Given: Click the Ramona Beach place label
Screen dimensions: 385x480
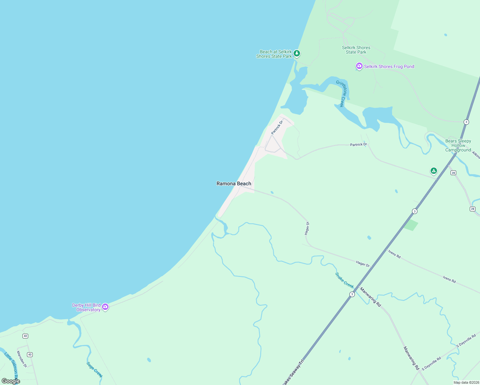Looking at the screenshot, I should tap(234, 184).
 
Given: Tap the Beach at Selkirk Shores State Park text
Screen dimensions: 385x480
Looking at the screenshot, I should tap(274, 54).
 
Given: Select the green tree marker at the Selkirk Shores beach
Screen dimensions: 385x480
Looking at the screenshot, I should tap(297, 53).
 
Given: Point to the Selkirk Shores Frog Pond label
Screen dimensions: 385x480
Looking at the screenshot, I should tap(389, 66).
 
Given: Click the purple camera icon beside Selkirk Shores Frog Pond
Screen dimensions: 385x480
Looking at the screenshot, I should tap(359, 66).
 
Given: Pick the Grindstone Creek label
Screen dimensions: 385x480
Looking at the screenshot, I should tap(342, 93).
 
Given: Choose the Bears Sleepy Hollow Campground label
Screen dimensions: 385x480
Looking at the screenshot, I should tap(458, 145).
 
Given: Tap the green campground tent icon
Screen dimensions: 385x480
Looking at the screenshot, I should tap(433, 171).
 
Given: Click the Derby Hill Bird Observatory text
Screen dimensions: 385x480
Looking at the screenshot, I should tap(86, 307).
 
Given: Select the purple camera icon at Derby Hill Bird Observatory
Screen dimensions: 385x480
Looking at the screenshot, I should tap(105, 307).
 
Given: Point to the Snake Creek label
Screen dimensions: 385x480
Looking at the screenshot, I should tap(344, 280).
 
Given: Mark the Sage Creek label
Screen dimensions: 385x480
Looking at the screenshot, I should tap(95, 370).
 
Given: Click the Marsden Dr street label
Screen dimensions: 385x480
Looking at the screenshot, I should tap(22, 359).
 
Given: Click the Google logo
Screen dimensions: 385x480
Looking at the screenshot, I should tap(11, 381).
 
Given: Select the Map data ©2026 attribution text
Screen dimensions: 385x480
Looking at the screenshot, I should tap(466, 382).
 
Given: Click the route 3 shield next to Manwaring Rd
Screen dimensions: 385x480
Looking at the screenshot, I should tap(352, 294).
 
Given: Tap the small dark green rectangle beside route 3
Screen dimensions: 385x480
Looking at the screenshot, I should tap(411, 225).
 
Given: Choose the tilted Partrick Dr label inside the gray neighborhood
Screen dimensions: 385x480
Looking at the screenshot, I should tap(277, 127).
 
